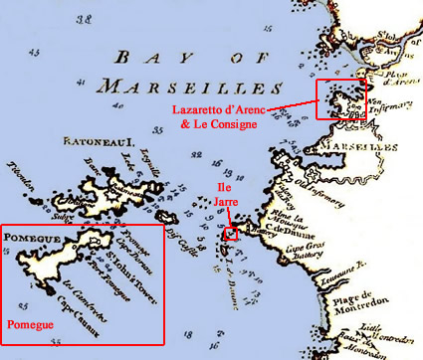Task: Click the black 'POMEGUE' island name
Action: pyautogui.click(x=33, y=239)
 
